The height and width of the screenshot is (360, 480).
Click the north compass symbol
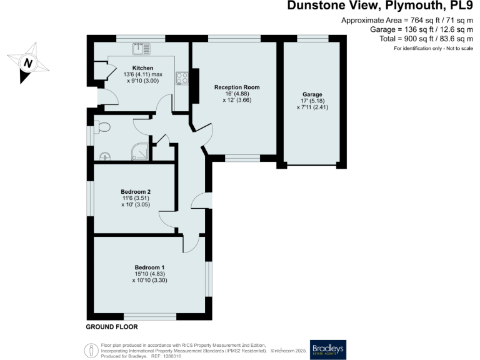tap(27, 62)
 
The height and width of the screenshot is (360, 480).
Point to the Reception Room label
tap(237, 87)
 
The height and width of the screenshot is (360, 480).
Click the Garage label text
tap(312, 94)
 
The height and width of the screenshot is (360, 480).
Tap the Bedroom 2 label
tap(136, 191)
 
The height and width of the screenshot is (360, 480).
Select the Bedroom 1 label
tap(149, 267)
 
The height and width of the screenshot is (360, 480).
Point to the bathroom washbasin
tap(104, 156)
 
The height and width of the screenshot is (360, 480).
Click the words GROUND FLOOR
tap(112, 327)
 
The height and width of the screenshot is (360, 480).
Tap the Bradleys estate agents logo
tap(328, 348)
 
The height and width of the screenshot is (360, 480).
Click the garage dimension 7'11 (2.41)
tap(312, 107)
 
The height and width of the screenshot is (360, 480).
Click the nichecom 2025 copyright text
tap(286, 351)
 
